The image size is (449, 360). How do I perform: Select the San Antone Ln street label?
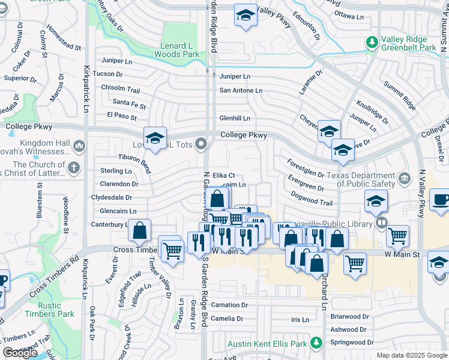pyautogui.click(x=241, y=91)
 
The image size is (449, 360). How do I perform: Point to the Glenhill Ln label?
pyautogui.click(x=235, y=118)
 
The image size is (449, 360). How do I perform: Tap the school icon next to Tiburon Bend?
pyautogui.click(x=155, y=139)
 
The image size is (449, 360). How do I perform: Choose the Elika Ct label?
pyautogui.click(x=223, y=176)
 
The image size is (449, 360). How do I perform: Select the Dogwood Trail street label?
pyautogui.click(x=311, y=199)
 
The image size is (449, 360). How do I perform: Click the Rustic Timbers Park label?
pyautogui.click(x=50, y=310)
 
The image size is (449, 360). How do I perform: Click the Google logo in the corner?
pyautogui.click(x=20, y=353)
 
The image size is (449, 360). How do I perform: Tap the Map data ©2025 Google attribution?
pyautogui.click(x=411, y=355)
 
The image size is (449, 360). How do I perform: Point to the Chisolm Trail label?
pyautogui.click(x=120, y=89)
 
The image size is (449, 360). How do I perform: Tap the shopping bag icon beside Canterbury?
pyautogui.click(x=140, y=231)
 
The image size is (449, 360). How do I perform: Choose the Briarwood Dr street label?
pyautogui.click(x=349, y=317)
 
